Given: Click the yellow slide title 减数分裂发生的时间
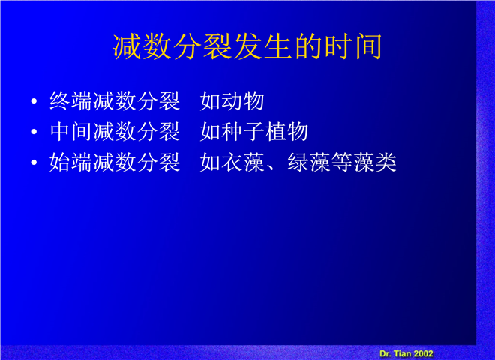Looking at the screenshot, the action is click(247, 46).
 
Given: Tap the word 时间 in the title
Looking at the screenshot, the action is click(353, 46).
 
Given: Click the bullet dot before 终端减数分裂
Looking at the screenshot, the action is click(34, 101).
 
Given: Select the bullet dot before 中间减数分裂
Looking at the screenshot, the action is click(34, 132).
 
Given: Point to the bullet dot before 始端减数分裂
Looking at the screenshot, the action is click(34, 162).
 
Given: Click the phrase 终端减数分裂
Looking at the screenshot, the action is click(115, 101).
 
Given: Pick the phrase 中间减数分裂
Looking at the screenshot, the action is click(115, 132).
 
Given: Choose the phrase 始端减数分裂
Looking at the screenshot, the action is click(115, 162).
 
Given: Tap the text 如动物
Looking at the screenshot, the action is click(232, 101).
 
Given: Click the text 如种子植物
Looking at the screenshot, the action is click(253, 132).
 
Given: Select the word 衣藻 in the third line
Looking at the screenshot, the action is click(243, 162).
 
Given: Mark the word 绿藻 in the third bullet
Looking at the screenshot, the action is click(309, 162).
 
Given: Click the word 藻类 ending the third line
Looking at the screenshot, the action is click(375, 162).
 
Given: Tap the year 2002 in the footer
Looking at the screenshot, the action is click(423, 353).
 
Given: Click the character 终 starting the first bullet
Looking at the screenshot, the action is click(60, 101).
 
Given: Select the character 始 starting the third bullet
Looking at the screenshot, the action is click(60, 162).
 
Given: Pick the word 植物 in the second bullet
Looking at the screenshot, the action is click(286, 132).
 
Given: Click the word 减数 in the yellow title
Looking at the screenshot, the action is click(142, 46).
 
